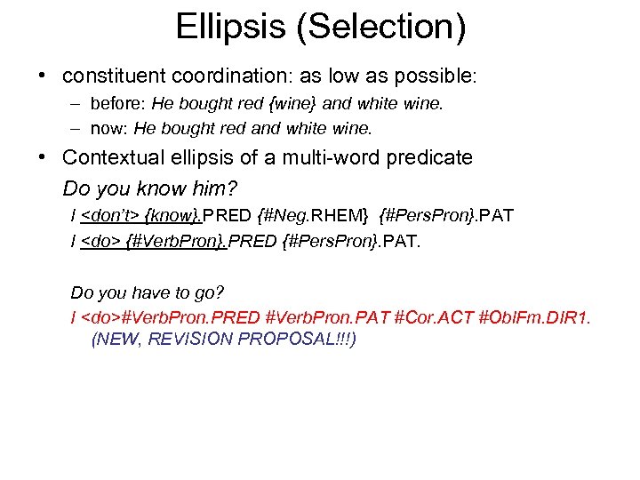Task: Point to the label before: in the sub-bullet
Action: [118, 105]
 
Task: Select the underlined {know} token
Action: [172, 217]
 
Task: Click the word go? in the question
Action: [205, 292]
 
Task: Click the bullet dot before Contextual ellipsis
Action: [43, 158]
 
